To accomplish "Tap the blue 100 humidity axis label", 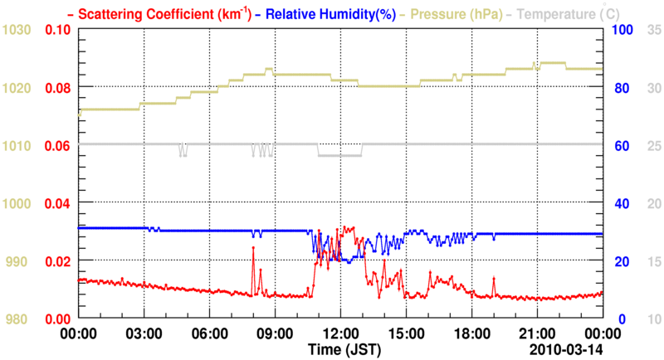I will pos(622,30).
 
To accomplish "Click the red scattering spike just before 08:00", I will pos(252,247).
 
